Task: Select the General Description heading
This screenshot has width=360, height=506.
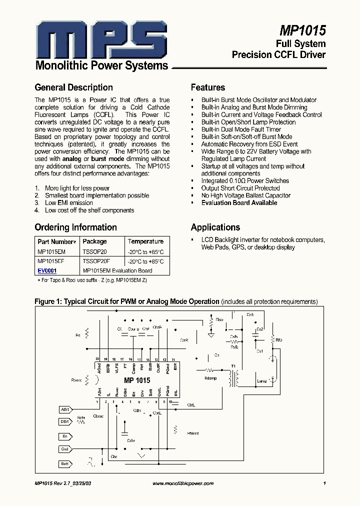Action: [73, 87]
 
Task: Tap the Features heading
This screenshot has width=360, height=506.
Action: [208, 87]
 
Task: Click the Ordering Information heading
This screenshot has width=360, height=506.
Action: [75, 227]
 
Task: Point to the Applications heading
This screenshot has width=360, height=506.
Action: [215, 227]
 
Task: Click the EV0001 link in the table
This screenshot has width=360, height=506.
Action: [47, 270]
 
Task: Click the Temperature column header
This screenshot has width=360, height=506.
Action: [145, 241]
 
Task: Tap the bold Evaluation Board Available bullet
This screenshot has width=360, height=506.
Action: [239, 203]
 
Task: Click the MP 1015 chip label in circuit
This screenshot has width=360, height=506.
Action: [136, 380]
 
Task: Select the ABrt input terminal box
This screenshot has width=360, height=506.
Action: [64, 409]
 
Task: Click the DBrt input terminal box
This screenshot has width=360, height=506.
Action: [64, 421]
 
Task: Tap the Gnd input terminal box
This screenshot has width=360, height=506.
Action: [64, 449]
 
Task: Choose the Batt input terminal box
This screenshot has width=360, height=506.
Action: [64, 463]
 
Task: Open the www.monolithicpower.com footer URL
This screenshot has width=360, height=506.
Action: [182, 483]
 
